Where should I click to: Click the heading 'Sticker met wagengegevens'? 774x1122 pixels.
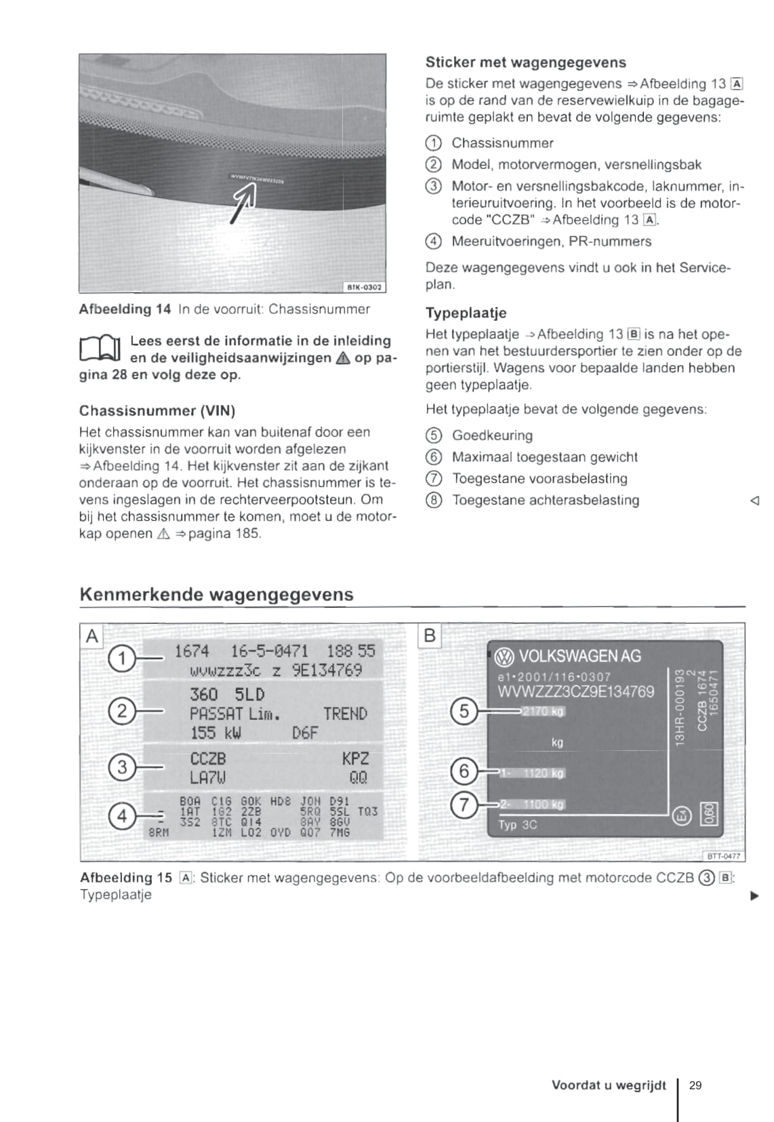coord(525,62)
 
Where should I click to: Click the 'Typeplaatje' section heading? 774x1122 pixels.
coord(466,313)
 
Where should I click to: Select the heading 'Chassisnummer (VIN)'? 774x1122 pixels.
coord(157,410)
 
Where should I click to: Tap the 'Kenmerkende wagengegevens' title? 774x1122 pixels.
coord(216,594)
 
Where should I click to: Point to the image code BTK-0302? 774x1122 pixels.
coord(365,287)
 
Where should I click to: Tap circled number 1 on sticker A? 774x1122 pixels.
coord(121,659)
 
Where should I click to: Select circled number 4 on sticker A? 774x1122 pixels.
coord(121,815)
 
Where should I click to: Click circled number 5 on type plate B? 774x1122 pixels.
coord(464,711)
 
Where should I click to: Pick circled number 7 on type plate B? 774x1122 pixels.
coord(464,805)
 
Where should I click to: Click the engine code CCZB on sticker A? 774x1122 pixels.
coord(207,758)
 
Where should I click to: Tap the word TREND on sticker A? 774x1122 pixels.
coord(345,714)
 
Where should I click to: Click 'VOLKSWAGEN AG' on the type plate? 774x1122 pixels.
coord(579,656)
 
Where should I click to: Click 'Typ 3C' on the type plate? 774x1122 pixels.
coord(518,825)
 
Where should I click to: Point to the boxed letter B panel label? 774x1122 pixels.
coord(430,636)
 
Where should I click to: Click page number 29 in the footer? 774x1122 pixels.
coord(695,1085)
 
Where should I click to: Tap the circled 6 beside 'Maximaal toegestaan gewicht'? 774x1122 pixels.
coord(434,457)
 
